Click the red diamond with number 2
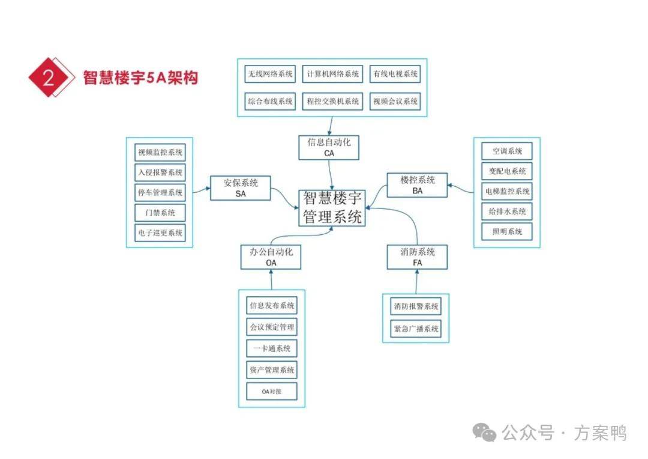point(48,78)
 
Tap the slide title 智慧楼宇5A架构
point(140,78)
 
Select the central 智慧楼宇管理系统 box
point(332,208)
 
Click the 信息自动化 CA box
point(329,148)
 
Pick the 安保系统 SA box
point(241,187)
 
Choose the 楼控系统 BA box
point(418,185)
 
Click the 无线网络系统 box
point(271,74)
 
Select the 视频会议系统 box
point(395,101)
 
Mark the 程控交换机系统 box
point(332,101)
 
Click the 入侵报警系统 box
point(160,172)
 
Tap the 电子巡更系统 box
point(160,233)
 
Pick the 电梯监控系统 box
point(507,191)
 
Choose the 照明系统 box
point(507,231)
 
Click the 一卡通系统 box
point(272,348)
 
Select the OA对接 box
point(272,392)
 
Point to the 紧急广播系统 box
point(416,329)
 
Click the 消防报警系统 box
point(416,306)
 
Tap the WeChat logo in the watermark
point(484,431)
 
